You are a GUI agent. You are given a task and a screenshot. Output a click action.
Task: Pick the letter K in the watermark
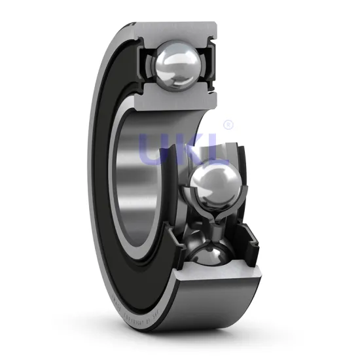tap(190, 149)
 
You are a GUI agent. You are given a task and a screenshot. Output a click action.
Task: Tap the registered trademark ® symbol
tap(228, 124)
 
